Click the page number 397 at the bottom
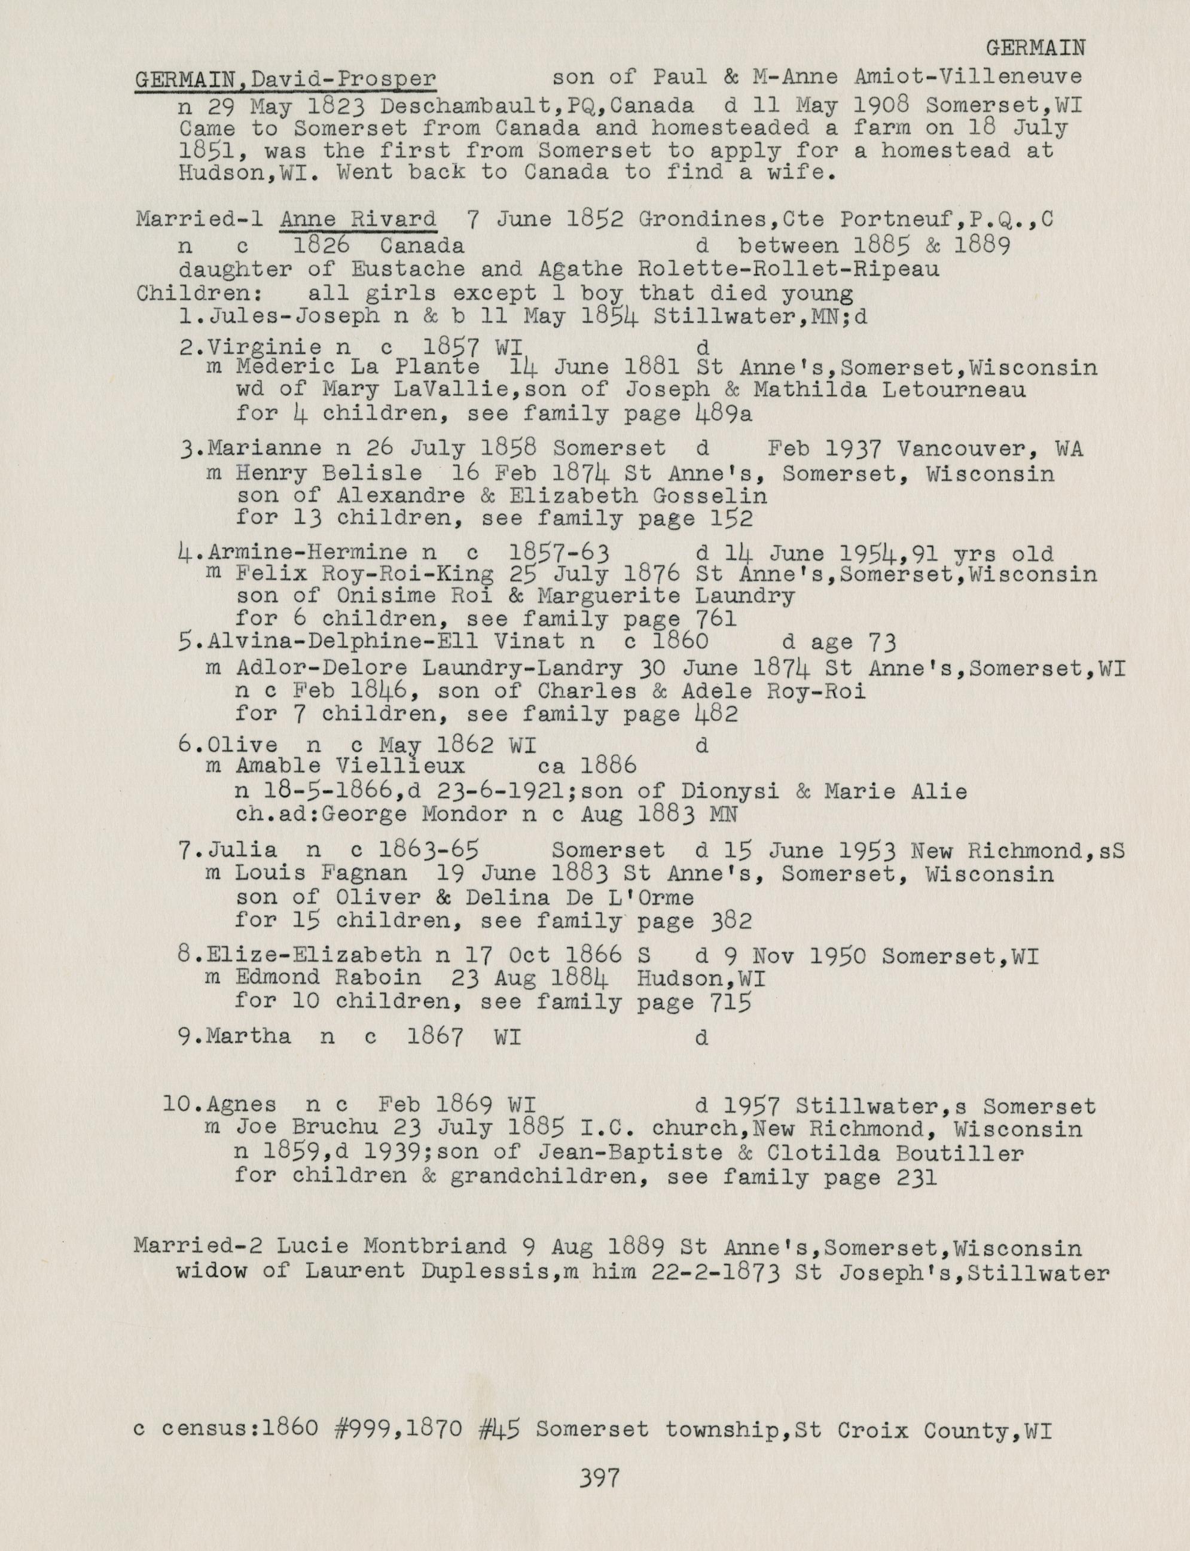pos(599,1478)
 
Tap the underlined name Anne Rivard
pos(358,220)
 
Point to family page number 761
pos(715,619)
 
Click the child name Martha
pos(249,1037)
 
